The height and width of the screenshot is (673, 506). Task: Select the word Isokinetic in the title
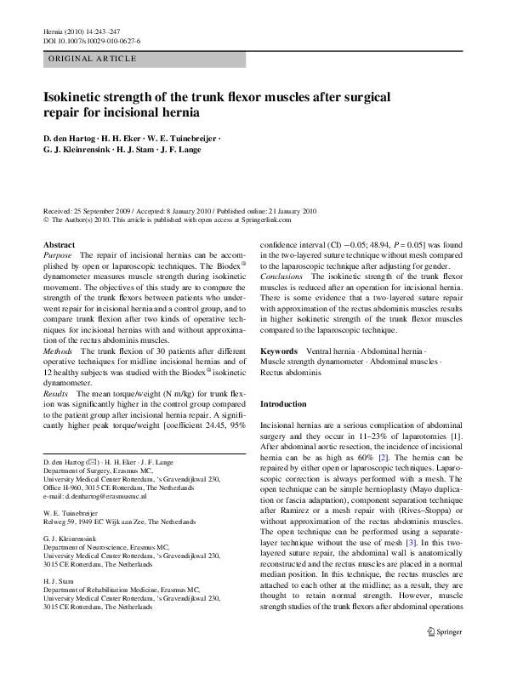point(74,97)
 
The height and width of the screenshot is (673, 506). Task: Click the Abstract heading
point(59,245)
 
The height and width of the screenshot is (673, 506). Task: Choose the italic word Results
point(57,395)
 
